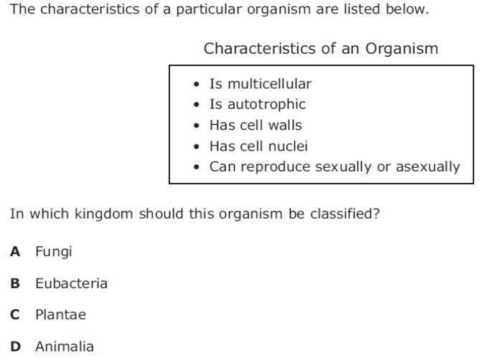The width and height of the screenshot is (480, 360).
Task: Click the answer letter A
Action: [15, 252]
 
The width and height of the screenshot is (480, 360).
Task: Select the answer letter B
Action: [15, 283]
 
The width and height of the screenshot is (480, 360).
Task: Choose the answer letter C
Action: [15, 315]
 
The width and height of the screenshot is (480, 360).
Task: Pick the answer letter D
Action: [15, 346]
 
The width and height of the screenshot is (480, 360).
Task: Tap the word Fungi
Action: [54, 252]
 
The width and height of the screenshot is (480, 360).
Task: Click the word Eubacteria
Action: [71, 283]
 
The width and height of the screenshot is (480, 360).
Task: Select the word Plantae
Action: [60, 315]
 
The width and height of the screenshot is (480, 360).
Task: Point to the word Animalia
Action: [65, 346]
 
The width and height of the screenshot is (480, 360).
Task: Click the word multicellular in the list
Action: [269, 84]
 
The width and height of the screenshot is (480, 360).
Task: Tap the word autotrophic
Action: [266, 105]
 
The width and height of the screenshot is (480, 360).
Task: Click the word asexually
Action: [428, 167]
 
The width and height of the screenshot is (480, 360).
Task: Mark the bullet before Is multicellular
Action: [197, 84]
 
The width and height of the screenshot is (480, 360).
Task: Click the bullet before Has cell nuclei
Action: [197, 146]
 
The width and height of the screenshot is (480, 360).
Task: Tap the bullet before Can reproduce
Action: [197, 167]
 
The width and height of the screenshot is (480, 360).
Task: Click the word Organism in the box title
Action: [402, 49]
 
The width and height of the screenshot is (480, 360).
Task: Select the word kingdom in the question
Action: [104, 214]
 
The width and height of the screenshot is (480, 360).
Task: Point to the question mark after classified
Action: [376, 214]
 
